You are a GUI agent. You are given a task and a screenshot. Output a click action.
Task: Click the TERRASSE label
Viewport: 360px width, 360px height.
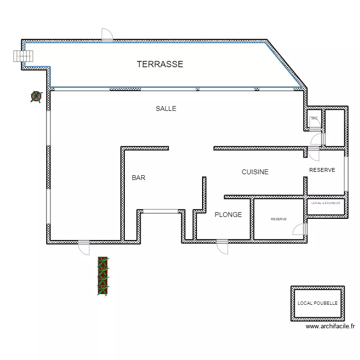(160, 64)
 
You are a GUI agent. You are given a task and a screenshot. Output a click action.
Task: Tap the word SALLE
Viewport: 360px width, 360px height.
(166, 108)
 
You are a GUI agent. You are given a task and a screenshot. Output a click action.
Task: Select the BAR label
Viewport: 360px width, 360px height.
(138, 178)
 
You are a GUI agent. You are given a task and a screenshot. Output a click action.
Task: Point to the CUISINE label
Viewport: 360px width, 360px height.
(255, 172)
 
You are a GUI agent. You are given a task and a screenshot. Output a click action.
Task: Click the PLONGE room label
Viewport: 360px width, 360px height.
(228, 215)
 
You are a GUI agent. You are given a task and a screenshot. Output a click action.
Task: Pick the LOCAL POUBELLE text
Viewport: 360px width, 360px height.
(318, 303)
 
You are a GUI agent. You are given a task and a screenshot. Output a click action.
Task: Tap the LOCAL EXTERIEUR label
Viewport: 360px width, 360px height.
(325, 203)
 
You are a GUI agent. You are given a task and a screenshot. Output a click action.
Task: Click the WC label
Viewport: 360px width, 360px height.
(314, 118)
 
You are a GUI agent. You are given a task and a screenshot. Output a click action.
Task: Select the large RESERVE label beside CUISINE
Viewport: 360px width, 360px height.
(322, 170)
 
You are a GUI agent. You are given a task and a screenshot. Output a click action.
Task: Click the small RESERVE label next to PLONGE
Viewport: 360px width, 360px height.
(279, 219)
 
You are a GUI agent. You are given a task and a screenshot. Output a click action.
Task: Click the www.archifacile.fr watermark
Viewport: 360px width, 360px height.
(330, 326)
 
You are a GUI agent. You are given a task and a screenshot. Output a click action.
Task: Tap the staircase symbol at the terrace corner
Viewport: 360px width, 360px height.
(23, 56)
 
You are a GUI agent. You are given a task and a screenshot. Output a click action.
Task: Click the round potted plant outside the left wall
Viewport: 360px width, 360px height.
(36, 96)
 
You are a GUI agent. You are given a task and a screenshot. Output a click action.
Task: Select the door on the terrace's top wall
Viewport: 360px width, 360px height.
(107, 35)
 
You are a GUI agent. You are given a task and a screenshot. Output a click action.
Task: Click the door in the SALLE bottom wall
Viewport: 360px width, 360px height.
(84, 248)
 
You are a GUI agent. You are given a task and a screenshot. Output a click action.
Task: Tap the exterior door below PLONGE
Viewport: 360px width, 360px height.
(222, 247)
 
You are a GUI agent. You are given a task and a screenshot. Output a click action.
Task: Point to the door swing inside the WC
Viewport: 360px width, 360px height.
(315, 123)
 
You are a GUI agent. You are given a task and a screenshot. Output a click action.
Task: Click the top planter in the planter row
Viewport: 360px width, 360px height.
(103, 262)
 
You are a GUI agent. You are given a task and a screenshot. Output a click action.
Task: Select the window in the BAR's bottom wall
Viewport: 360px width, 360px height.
(160, 211)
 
